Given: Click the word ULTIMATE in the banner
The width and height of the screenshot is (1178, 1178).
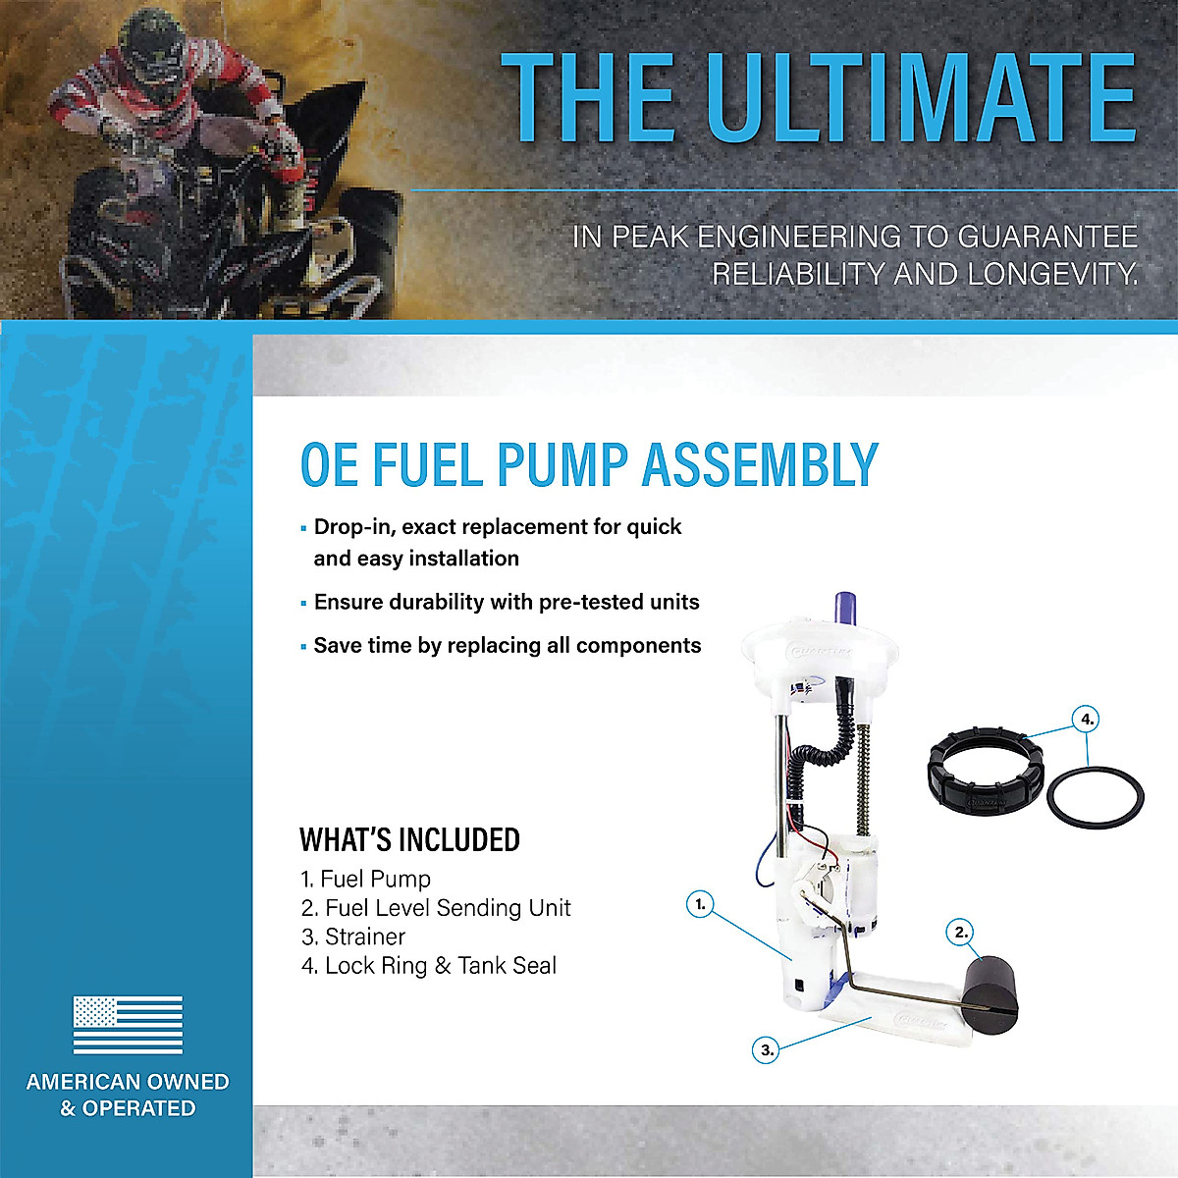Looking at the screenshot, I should click(921, 97).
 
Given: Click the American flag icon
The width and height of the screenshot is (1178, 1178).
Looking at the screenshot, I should click(128, 1025).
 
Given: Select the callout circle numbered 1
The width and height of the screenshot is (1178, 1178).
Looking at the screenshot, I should click(699, 904).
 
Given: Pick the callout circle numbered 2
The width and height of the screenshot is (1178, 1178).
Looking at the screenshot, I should click(961, 932).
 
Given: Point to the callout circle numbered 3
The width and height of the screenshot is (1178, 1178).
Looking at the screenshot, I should click(767, 1049).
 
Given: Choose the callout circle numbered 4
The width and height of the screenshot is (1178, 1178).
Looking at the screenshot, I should click(1087, 720).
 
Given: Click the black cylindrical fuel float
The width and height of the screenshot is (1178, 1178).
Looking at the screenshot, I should click(989, 992).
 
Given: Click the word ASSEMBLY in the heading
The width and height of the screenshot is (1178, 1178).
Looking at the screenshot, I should click(760, 465).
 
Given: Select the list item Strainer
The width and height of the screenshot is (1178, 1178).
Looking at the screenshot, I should click(364, 937).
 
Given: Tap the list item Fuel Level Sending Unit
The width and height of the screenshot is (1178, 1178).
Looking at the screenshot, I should click(447, 908).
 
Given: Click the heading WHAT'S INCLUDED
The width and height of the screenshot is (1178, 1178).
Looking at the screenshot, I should click(409, 840).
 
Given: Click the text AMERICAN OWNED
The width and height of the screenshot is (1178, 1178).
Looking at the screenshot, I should click(128, 1082).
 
